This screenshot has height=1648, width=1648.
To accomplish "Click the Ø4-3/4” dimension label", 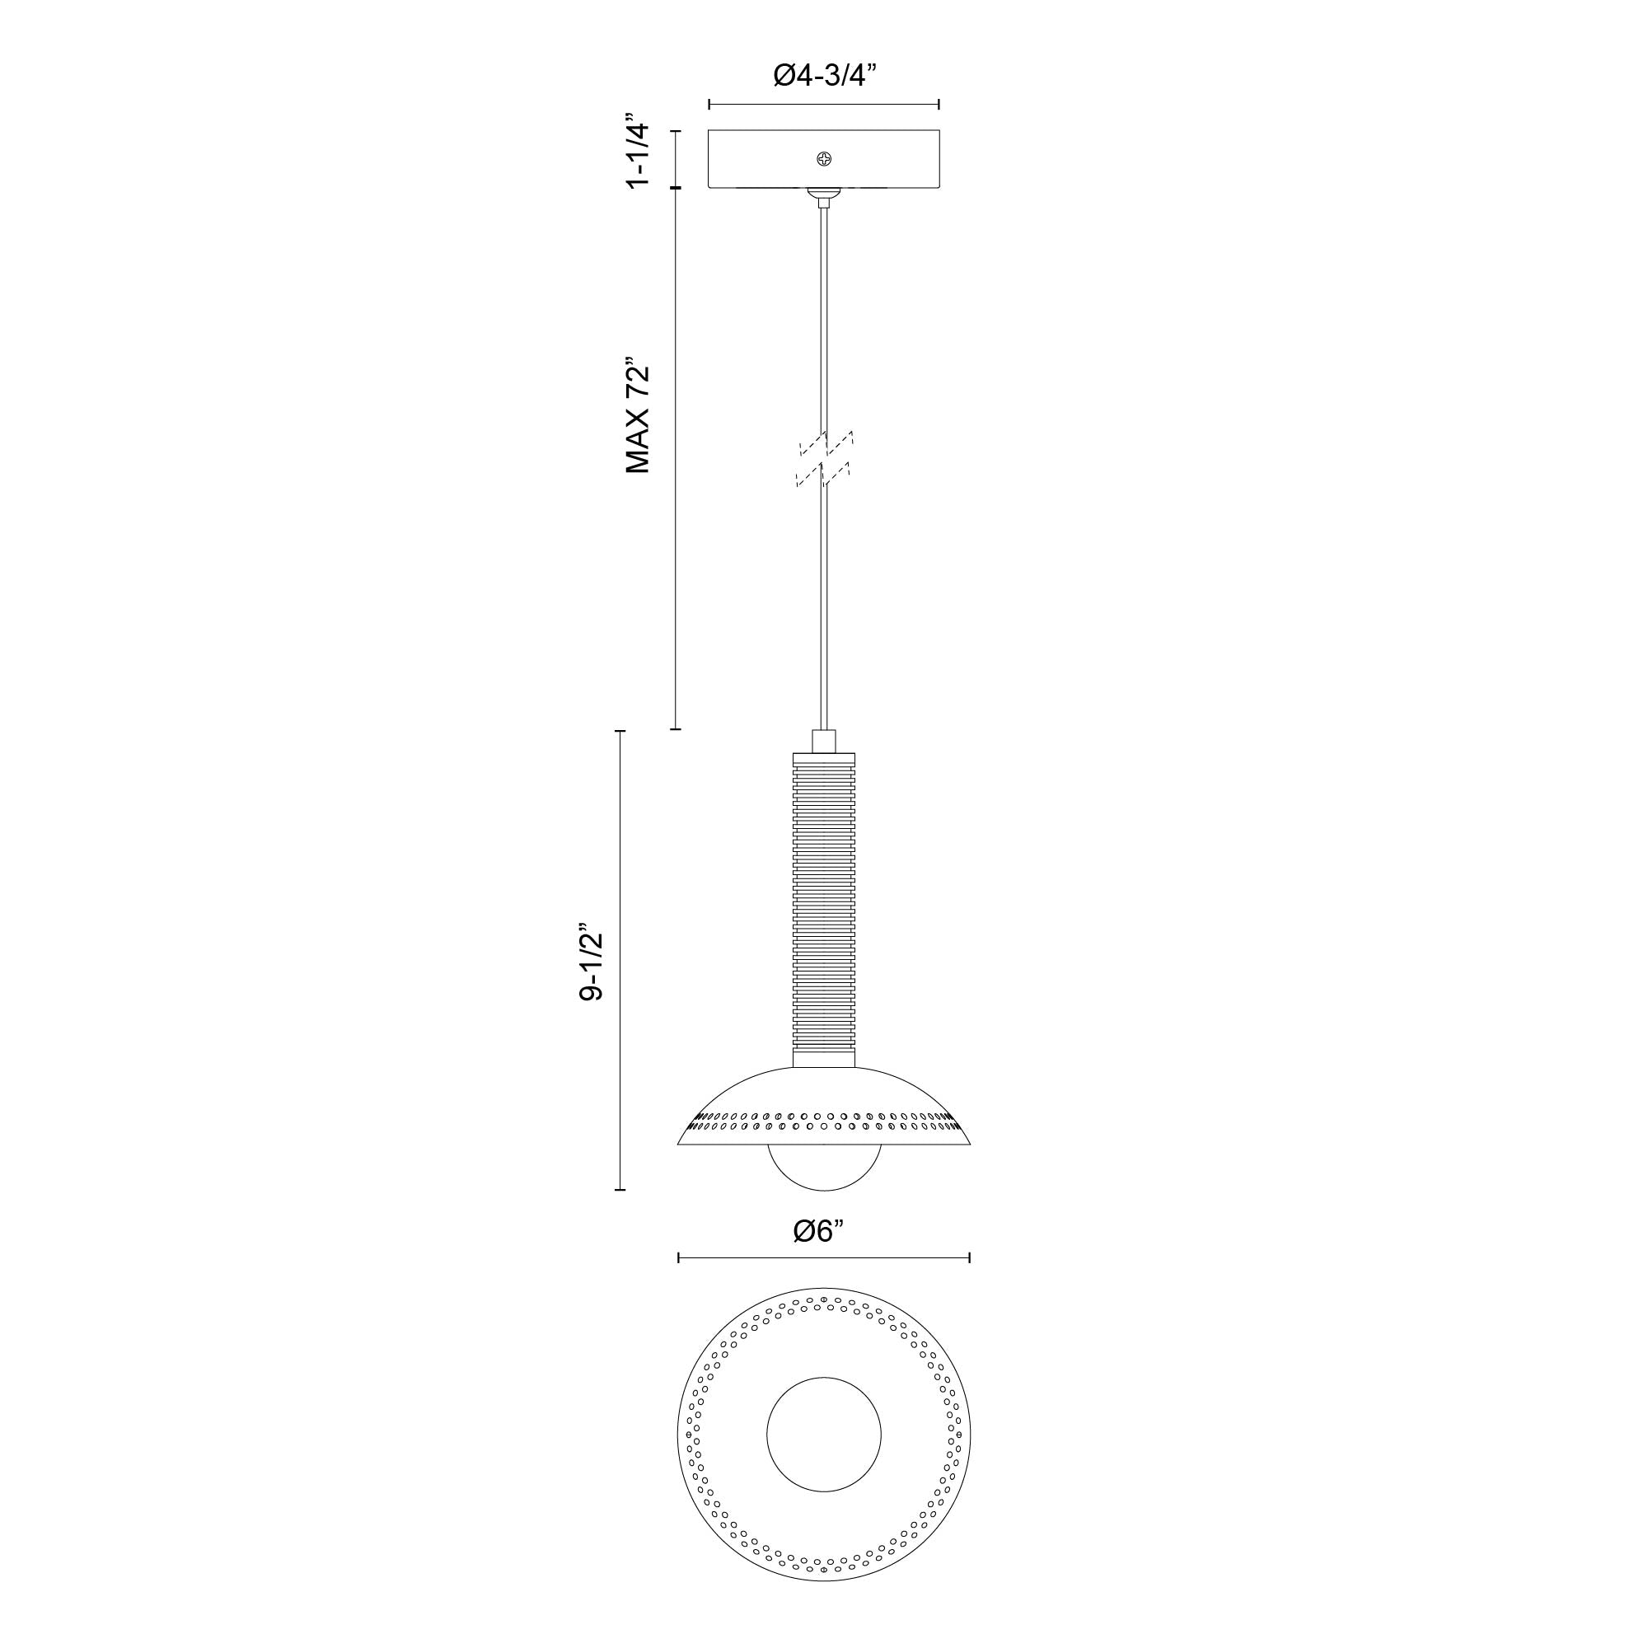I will click(x=824, y=76).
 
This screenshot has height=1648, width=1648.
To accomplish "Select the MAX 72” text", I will click(x=638, y=414).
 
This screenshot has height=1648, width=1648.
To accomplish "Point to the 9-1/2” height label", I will click(x=590, y=962).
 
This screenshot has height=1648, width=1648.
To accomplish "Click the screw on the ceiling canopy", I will click(x=824, y=159).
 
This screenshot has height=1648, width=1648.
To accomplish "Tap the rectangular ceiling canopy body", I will click(x=751, y=160).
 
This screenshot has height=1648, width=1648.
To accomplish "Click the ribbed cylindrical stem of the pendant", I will click(x=824, y=908).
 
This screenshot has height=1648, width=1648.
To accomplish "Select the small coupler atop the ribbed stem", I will click(x=824, y=741).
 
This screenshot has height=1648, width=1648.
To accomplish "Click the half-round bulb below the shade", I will click(x=824, y=1167).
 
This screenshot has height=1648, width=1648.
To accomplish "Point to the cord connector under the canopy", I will click(x=824, y=198).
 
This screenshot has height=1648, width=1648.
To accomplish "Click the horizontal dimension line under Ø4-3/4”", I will click(x=824, y=105).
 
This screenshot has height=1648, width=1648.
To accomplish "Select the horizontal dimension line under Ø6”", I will click(x=824, y=1257).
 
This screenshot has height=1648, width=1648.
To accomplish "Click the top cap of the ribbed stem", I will click(x=824, y=757).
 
